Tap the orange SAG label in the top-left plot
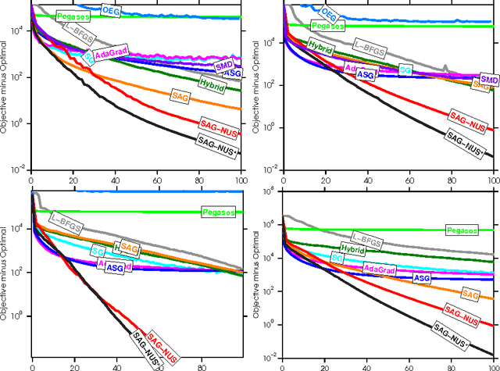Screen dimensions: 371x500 (180, 95)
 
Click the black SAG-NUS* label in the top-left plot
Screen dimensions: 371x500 (218, 144)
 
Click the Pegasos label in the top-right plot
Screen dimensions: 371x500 (327, 27)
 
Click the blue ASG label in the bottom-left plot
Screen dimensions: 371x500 (115, 268)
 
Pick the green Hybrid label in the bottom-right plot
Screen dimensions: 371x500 (352, 249)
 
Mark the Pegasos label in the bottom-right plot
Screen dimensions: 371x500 (462, 230)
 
